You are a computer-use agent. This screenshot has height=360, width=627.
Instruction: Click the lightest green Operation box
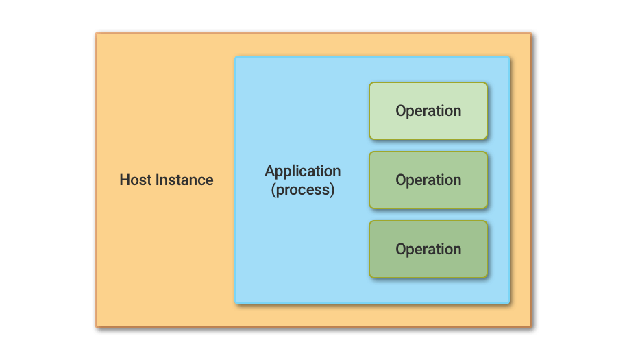(x=428, y=110)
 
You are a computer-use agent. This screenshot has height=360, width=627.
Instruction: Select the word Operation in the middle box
(x=428, y=180)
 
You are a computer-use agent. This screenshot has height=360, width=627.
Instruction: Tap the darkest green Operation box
(x=428, y=250)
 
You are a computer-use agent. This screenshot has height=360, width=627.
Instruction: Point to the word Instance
(x=184, y=180)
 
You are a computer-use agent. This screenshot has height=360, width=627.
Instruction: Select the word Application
(x=303, y=171)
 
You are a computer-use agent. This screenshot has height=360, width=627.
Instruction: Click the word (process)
(x=303, y=190)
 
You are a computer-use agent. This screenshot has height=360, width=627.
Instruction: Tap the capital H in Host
(x=124, y=180)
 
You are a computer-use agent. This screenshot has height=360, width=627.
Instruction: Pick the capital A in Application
(x=269, y=171)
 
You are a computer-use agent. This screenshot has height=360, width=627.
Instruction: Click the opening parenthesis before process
(x=273, y=190)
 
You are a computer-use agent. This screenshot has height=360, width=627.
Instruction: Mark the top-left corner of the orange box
(x=97, y=33)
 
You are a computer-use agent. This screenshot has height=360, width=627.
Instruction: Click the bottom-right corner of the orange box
(x=530, y=326)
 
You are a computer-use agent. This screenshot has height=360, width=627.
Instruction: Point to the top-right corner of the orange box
(x=530, y=33)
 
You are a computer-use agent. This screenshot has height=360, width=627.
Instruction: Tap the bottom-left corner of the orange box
(x=97, y=326)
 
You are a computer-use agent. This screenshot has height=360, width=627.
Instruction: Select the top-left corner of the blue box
(x=236, y=57)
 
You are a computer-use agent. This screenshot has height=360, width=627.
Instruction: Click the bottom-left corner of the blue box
(x=236, y=302)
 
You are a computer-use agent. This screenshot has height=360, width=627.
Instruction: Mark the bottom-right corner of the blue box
(x=509, y=302)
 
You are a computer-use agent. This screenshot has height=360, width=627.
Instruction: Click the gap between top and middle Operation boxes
(x=428, y=145)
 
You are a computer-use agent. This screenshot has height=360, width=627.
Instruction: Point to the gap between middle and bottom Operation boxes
(x=428, y=215)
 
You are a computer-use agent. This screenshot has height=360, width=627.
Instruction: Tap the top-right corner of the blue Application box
(x=509, y=57)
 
